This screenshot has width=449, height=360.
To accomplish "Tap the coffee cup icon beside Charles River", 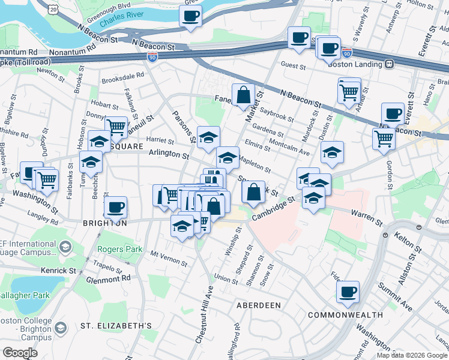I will coord(190,16).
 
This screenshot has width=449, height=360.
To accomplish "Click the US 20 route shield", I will coord(54,10).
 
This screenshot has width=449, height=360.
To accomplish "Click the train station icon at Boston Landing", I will coord(390,64).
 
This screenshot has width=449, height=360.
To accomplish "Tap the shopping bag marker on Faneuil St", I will coord(243,95).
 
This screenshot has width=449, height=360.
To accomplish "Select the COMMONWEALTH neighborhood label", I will coord(345,314).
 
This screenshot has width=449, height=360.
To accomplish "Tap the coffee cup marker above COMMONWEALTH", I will coord(348,292).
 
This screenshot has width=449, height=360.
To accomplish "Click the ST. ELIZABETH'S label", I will coord(116,326).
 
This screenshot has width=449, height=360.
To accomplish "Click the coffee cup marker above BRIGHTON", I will coord(115,208).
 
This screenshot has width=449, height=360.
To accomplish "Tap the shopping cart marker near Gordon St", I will coord(384,139).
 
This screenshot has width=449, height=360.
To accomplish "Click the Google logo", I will coord(19,353).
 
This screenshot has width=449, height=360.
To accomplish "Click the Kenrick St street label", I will coord(58,271).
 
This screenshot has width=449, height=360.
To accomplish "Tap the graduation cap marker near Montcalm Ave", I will coord(331,153).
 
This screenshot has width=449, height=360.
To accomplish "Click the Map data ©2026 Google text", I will coord(411,355).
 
